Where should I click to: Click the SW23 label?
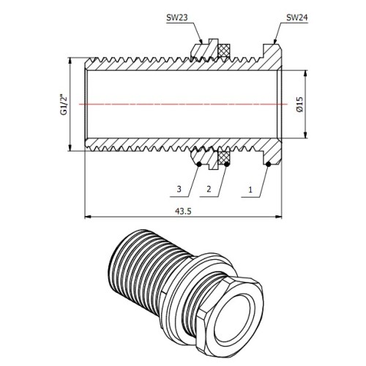click(x=176, y=18)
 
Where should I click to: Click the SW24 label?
click(x=297, y=18)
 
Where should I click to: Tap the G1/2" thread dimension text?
click(x=64, y=105)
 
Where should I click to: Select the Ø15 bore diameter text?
click(x=299, y=105)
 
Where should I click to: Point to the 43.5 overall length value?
click(x=183, y=212)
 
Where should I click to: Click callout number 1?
click(x=250, y=190)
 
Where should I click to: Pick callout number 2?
click(x=209, y=189)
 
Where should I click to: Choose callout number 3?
click(x=179, y=189)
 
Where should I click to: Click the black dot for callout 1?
click(x=268, y=165)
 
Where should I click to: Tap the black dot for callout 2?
click(x=227, y=165)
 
